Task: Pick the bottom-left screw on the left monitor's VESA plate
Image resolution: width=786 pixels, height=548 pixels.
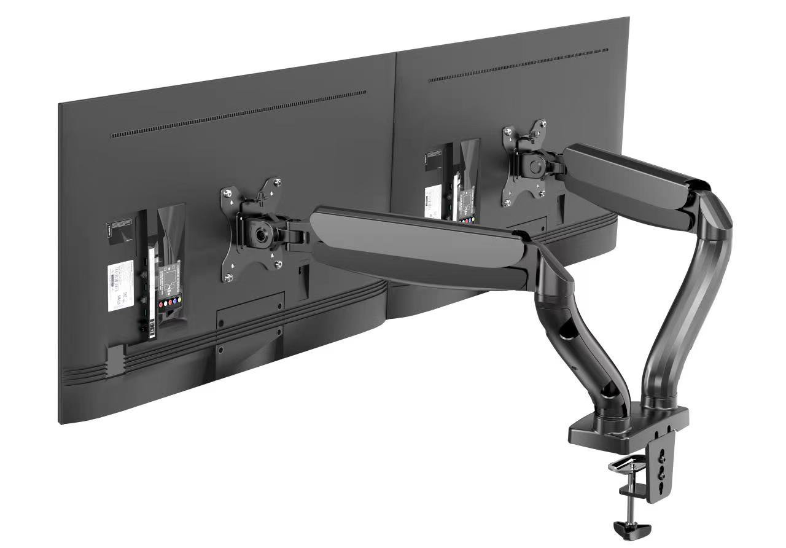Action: tap(229, 277)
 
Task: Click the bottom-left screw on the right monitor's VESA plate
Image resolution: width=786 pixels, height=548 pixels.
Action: tap(507, 202)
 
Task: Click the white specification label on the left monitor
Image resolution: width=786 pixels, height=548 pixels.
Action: tap(120, 280)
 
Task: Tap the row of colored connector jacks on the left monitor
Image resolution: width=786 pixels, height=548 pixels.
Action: tap(168, 303)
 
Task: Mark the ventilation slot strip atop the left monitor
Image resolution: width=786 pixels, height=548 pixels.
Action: tap(238, 114)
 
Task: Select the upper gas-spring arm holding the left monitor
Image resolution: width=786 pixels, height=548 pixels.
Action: tap(424, 243)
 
